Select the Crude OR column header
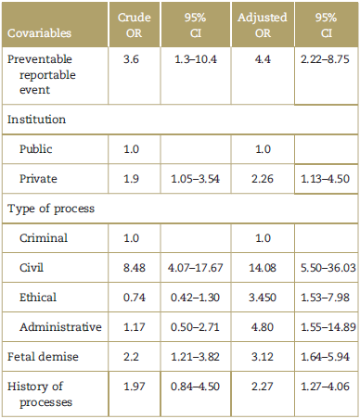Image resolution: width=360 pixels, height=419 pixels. pos(136,25)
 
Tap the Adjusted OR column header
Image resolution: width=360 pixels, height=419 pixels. pos(264,25)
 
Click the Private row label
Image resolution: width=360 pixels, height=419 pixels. pos(40,179)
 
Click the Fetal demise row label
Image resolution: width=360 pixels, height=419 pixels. pos(42,358)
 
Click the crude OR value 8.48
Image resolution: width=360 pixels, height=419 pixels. pos(136,269)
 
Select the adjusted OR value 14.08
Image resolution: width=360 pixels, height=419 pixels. pos(264,269)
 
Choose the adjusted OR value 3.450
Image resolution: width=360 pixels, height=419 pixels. pos(264,298)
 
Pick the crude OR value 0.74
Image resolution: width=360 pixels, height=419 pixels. pos(136,298)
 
